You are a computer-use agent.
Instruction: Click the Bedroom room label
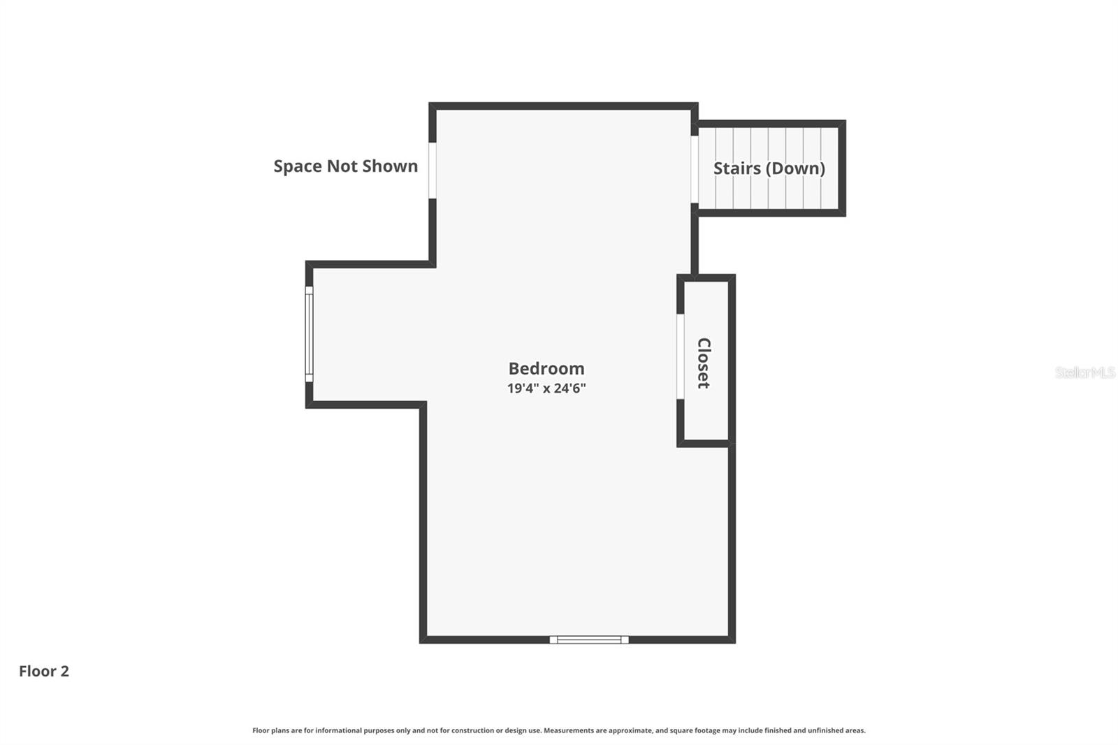546,368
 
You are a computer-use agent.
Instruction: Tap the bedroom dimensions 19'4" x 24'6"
546,388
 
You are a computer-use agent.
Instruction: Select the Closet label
704,363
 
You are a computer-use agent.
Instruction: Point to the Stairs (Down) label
769,168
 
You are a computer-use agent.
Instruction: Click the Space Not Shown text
345,166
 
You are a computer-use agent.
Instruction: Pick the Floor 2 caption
43,671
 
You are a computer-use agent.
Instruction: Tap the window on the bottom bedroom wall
588,639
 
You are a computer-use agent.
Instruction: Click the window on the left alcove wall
309,334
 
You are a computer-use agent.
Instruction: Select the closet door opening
680,356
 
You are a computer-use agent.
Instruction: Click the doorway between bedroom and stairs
695,168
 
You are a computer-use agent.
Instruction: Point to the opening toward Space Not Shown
433,170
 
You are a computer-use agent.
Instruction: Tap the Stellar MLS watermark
1084,372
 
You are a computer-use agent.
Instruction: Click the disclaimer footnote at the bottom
558,730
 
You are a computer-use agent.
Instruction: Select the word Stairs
736,168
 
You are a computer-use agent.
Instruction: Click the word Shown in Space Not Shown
391,166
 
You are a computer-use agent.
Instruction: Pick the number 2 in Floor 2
65,671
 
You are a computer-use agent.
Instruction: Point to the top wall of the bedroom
563,106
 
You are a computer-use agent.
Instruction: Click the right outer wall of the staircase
842,168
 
